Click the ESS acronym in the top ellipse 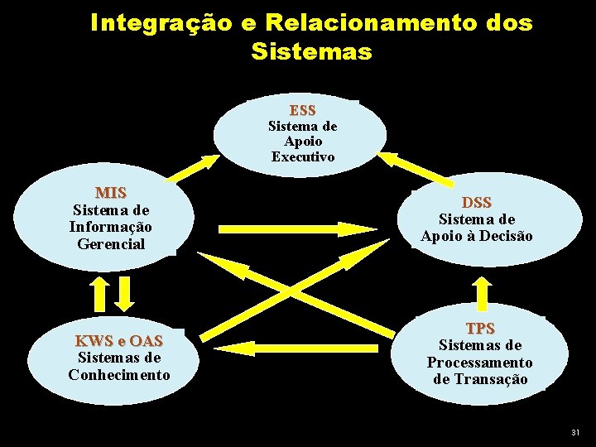[302, 110]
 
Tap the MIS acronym [111, 193]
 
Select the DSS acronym [477, 203]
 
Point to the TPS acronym [480, 329]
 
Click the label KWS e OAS [119, 341]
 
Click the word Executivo [302, 157]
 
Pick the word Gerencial [111, 244]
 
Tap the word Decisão [505, 237]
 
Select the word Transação [480, 379]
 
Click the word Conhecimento [119, 375]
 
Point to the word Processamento [480, 363]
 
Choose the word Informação [111, 227]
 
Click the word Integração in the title [165, 22]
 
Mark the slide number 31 [576, 433]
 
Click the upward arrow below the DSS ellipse [482, 291]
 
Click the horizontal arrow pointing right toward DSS [298, 227]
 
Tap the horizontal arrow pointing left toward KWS [298, 347]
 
